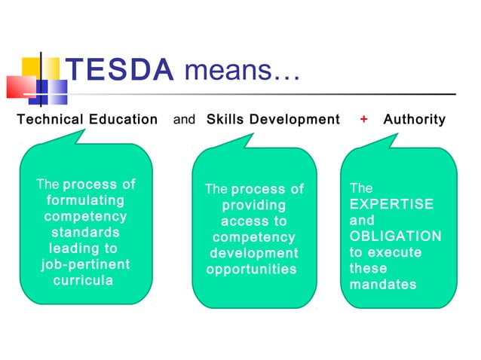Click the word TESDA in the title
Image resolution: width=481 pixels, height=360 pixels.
tap(121, 71)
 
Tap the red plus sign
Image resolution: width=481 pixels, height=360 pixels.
tap(363, 119)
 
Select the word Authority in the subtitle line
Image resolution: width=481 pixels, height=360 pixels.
tap(414, 119)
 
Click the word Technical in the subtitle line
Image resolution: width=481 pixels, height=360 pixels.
tap(50, 119)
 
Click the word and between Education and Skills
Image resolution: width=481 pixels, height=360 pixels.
tap(184, 119)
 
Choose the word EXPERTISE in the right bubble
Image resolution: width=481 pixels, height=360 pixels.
tap(391, 204)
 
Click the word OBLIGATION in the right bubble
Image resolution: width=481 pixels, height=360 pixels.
tap(395, 236)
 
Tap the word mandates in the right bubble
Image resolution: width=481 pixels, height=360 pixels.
tap(383, 285)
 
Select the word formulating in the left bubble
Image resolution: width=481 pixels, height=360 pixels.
tap(86, 200)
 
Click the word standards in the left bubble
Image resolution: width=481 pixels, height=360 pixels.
tap(85, 232)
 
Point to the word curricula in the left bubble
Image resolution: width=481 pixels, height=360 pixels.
tap(83, 280)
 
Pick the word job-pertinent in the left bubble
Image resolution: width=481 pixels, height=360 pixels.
tap(85, 264)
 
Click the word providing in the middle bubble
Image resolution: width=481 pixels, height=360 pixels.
tap(253, 205)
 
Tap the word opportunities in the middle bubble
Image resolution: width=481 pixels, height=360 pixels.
tap(251, 269)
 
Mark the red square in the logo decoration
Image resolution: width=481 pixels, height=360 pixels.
tap(20, 87)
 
